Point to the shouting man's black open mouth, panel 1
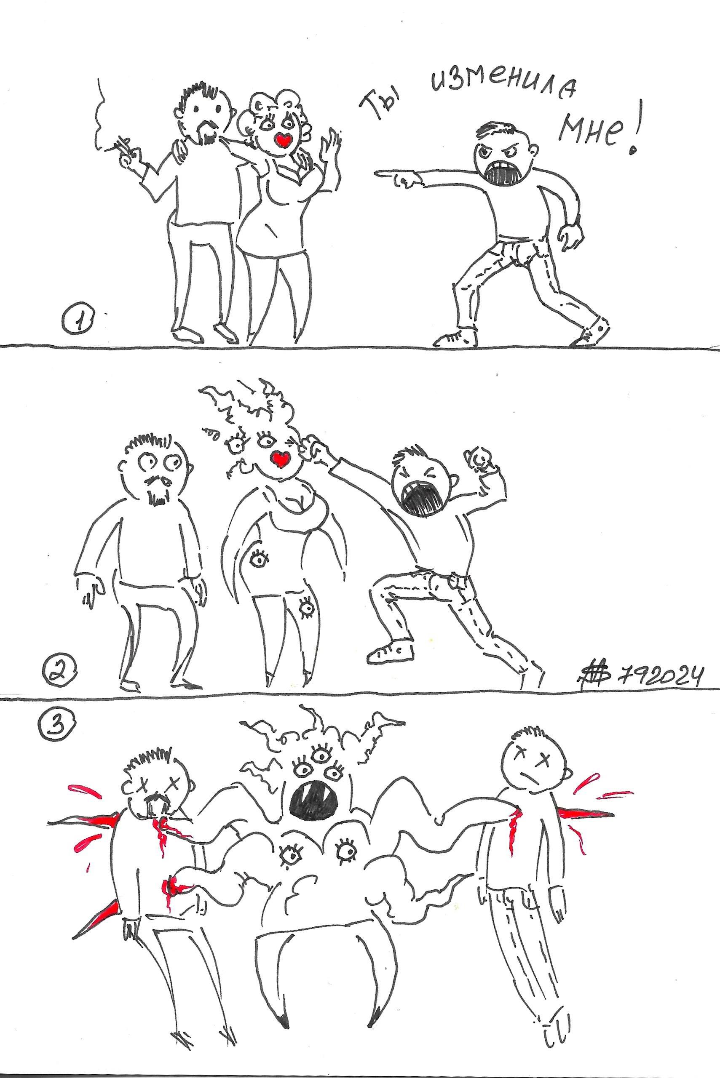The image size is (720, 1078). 504,173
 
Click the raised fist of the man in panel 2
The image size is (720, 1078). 479,456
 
